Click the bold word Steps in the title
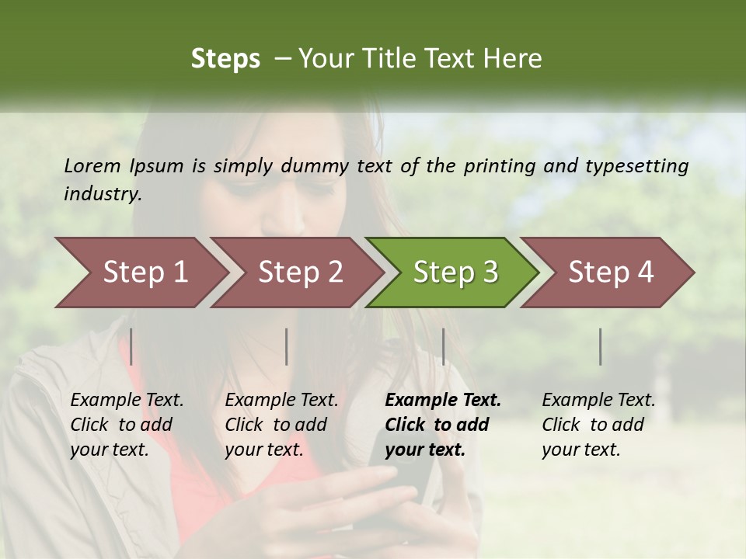click(225, 59)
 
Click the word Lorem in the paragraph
click(92, 165)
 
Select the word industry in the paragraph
click(102, 194)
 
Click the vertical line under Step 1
click(131, 346)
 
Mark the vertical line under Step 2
click(287, 346)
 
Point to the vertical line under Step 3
click(443, 346)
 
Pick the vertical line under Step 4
click(600, 346)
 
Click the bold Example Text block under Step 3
click(443, 425)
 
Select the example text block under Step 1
click(127, 425)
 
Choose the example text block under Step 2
click(281, 425)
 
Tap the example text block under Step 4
click(598, 425)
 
